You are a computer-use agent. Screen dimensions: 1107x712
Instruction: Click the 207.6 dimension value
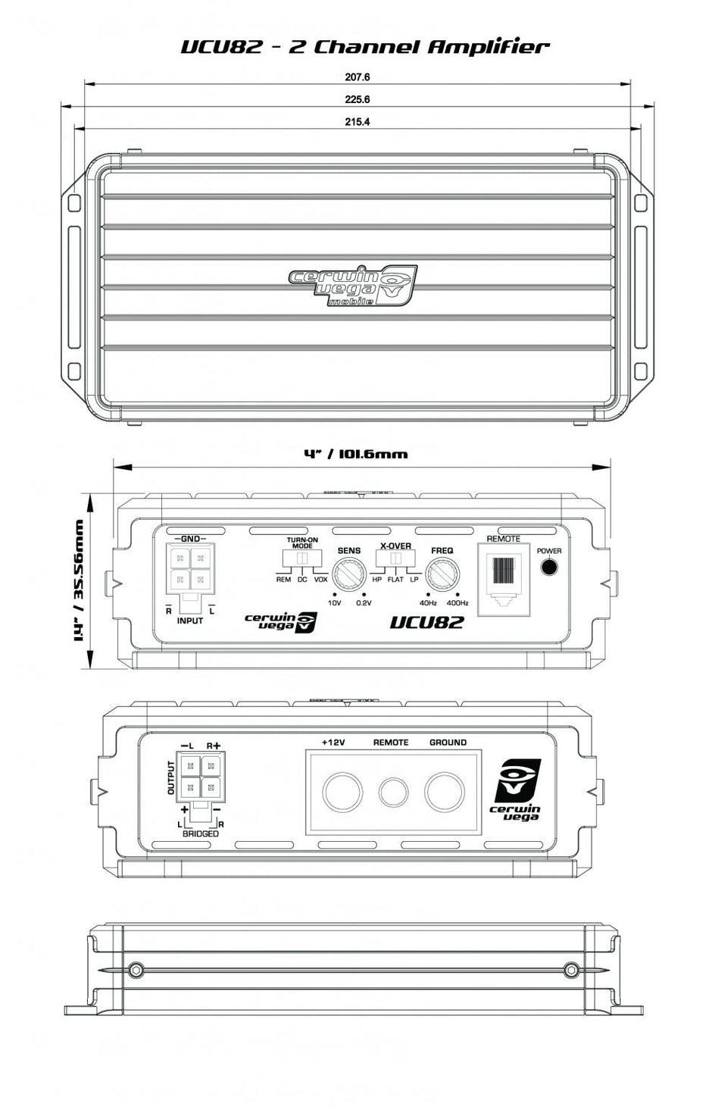tap(357, 77)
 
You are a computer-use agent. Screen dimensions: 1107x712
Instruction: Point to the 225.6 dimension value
tap(357, 99)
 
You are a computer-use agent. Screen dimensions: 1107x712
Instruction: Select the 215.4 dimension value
tap(357, 122)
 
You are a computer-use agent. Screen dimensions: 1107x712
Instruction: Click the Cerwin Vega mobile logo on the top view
tap(353, 286)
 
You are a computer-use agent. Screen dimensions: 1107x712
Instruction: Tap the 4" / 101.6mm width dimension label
tap(355, 455)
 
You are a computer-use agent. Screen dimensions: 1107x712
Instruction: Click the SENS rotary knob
tap(349, 574)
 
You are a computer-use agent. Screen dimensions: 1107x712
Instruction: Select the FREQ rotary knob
tap(442, 574)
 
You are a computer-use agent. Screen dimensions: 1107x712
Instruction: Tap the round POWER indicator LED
tap(549, 568)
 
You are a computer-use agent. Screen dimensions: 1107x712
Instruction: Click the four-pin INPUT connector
tap(189, 569)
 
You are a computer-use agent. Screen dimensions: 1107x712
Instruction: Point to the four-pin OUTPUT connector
tap(201, 777)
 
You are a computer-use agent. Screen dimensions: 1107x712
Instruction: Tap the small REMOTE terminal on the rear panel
tap(392, 793)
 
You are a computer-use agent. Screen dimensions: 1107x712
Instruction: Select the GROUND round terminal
tap(445, 793)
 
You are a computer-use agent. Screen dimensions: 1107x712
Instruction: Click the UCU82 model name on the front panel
tap(426, 623)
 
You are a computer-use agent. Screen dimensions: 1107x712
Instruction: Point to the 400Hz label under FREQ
tap(457, 603)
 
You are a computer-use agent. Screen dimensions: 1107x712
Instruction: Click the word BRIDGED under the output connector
tap(201, 833)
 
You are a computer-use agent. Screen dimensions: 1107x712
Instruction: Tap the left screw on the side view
tap(136, 969)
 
